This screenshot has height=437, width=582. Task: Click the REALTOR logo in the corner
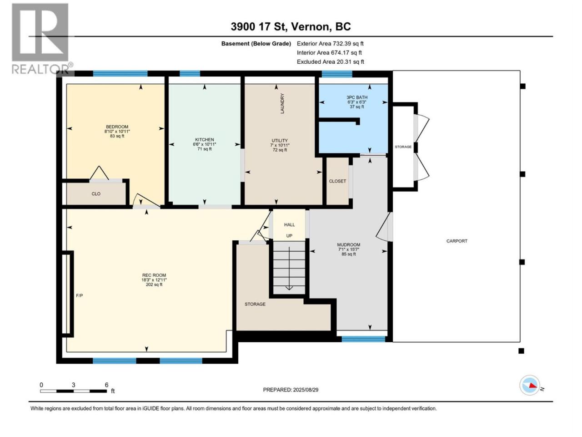[41, 39]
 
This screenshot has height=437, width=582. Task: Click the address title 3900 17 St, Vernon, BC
[291, 26]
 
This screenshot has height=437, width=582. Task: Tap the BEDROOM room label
[117, 127]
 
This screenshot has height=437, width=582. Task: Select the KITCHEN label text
[205, 140]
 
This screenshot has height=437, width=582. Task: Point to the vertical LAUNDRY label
[282, 103]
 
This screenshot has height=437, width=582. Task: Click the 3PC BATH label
[356, 97]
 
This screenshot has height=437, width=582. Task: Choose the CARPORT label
[457, 241]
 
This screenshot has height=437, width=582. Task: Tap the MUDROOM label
[348, 244]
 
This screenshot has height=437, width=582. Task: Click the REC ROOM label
[154, 275]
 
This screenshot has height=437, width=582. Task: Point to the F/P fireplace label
[79, 295]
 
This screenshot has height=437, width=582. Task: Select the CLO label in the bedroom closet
[96, 194]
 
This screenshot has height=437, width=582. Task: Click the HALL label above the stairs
[289, 225]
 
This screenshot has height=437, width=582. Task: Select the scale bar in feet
[74, 391]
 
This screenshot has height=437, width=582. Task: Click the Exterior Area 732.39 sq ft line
[330, 44]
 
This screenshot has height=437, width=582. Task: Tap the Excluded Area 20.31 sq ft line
[331, 61]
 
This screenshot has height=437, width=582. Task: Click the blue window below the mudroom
[363, 339]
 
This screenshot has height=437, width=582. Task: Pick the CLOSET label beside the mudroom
[337, 181]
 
